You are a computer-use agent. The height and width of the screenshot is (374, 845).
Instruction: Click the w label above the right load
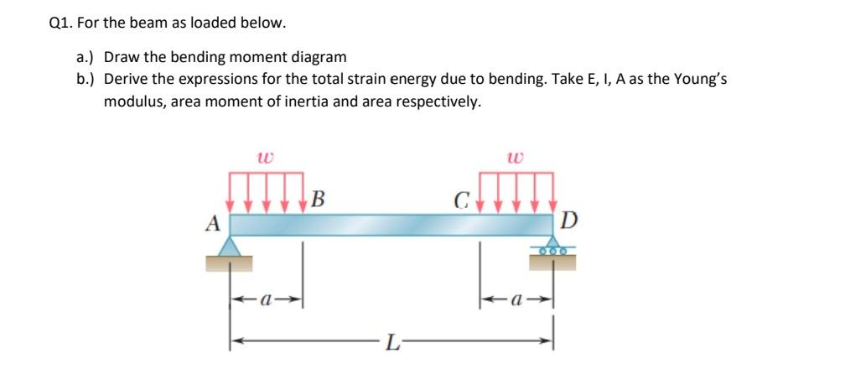pos(516,157)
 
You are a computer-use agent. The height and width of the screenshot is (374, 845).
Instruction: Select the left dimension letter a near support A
pos(267,298)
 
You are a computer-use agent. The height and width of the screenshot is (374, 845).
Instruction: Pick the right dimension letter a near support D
pos(517,298)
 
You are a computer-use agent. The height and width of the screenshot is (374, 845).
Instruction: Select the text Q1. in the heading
pos(62,23)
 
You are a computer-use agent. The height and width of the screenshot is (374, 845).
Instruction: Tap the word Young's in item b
pos(710,80)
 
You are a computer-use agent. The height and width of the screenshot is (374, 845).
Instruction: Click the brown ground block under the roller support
pos(552,263)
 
